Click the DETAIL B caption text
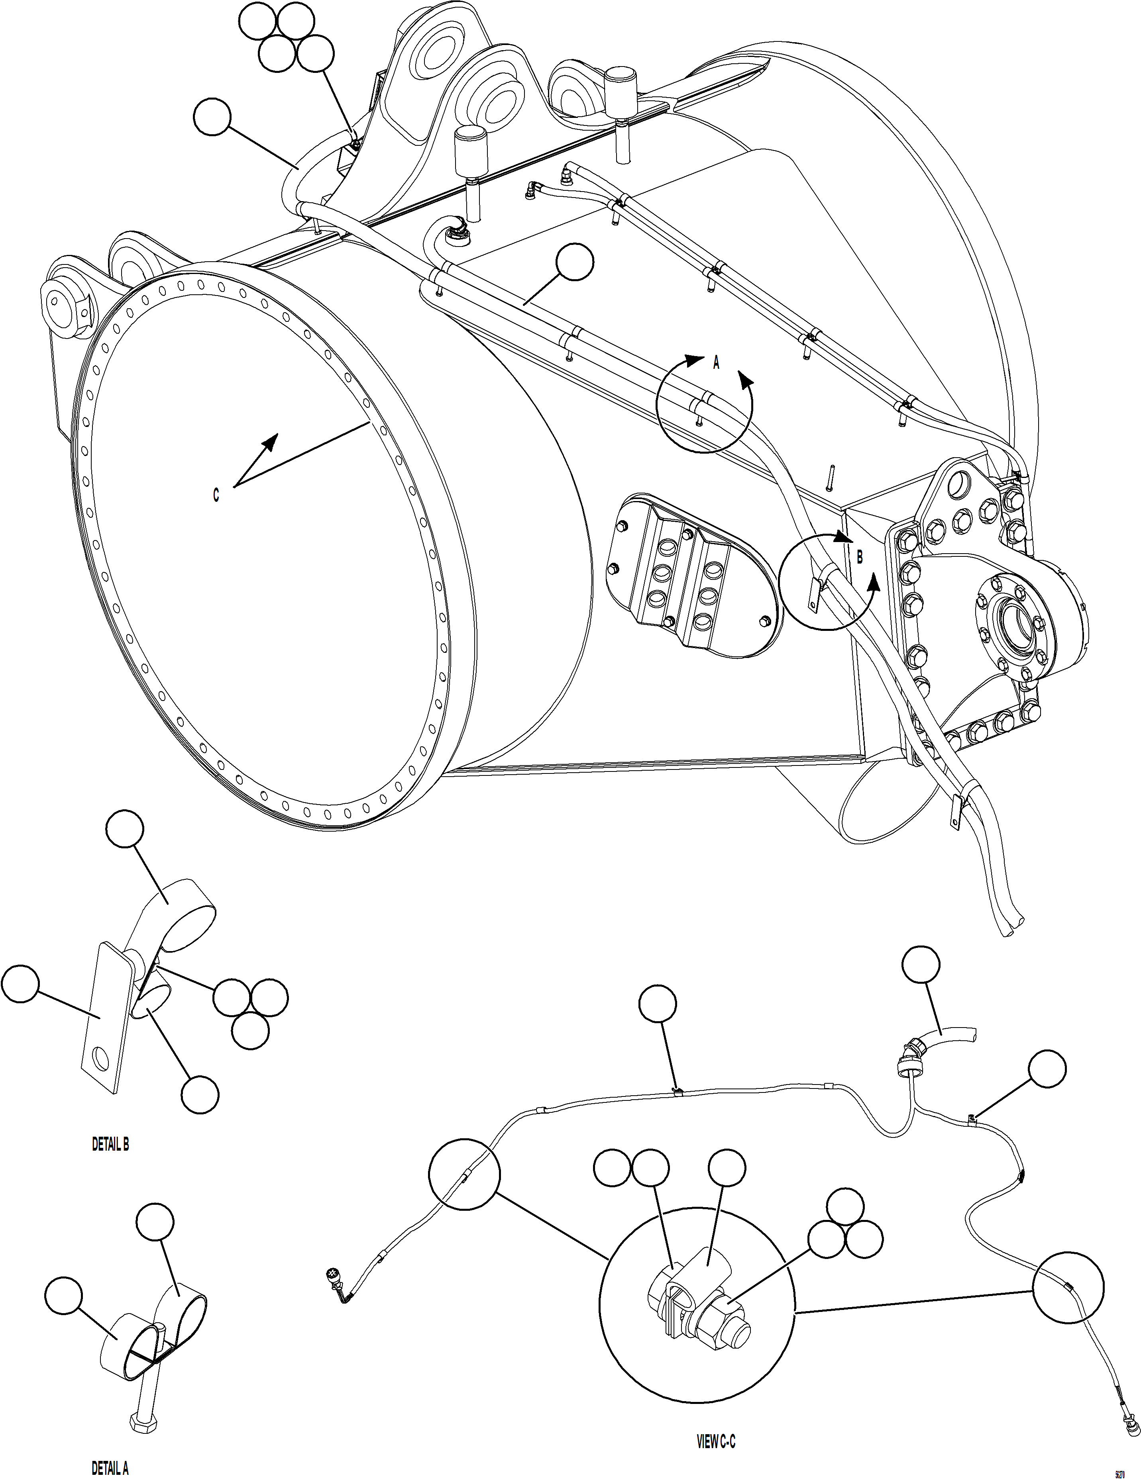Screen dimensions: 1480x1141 click(x=110, y=1145)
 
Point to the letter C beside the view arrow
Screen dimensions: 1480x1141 click(x=216, y=495)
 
